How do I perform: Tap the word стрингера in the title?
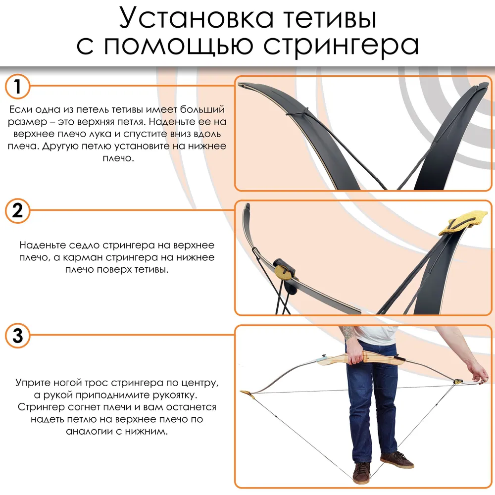tap(341, 45)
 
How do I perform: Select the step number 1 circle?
tap(17, 86)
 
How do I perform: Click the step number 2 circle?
tap(17, 210)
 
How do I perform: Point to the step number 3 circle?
tap(17, 335)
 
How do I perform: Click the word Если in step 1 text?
tap(20, 109)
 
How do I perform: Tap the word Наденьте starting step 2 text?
tap(42, 245)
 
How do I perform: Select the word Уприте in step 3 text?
tap(33, 383)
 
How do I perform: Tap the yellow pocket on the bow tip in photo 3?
tap(247, 394)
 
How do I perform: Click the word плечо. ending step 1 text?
tap(118, 158)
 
